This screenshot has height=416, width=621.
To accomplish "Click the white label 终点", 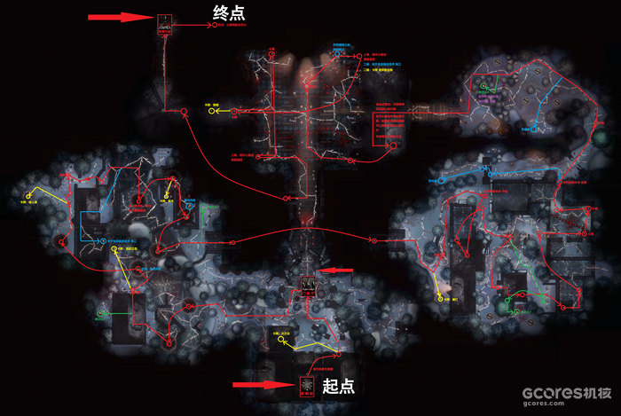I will (x=229, y=13).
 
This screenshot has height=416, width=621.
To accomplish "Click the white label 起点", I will (x=339, y=386).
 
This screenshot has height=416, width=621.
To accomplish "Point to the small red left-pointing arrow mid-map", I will (x=337, y=270).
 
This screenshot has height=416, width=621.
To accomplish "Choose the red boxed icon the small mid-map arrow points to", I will (x=309, y=284).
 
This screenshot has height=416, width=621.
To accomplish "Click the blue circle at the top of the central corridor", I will (x=338, y=53).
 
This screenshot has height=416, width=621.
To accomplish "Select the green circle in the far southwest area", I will (x=100, y=312).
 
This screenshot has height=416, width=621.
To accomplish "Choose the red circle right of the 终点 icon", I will (x=216, y=26).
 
